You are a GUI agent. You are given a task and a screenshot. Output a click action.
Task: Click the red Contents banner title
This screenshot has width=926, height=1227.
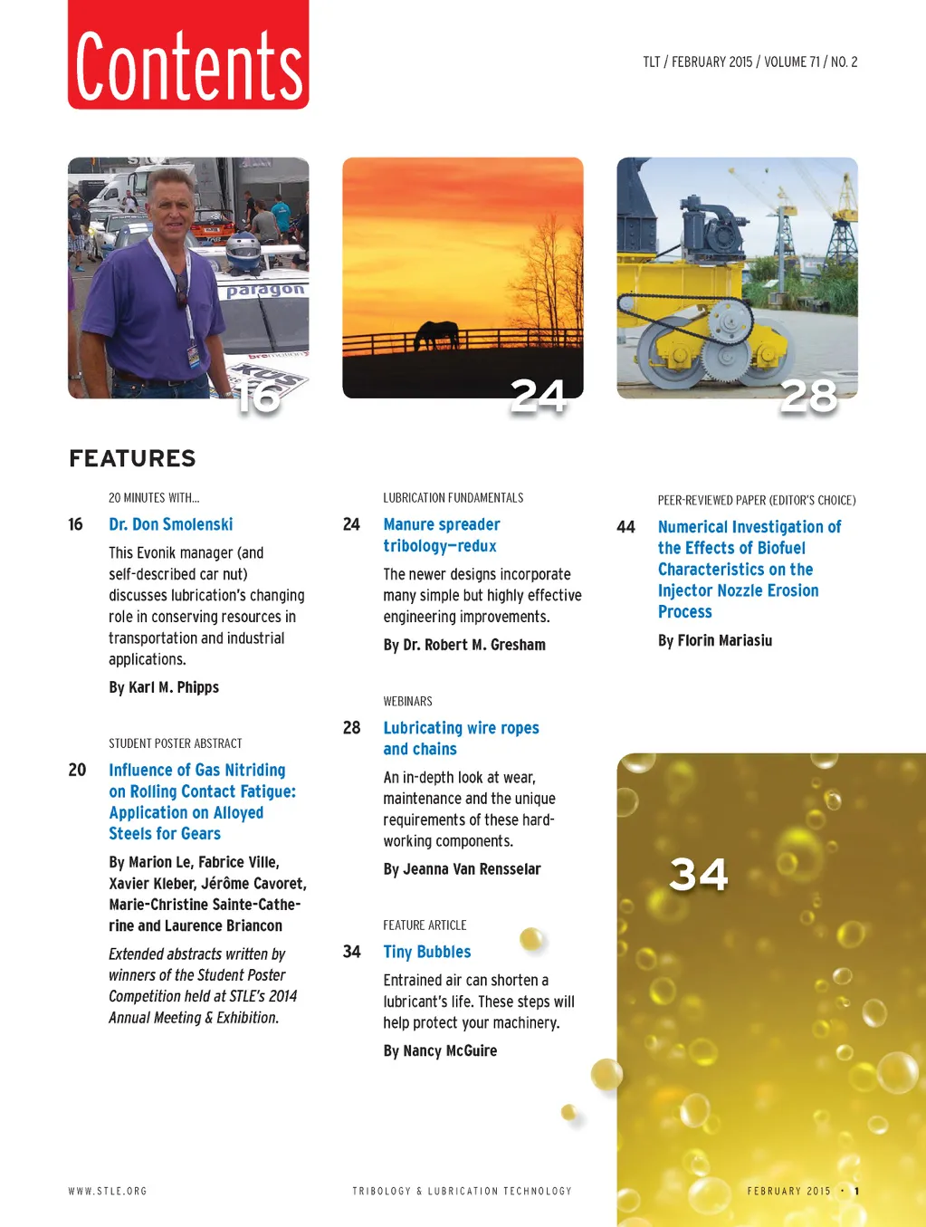(188, 64)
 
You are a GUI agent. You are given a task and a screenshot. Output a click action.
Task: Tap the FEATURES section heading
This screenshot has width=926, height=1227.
(132, 458)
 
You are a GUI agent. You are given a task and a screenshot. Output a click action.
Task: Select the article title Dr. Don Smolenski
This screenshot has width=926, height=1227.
(170, 524)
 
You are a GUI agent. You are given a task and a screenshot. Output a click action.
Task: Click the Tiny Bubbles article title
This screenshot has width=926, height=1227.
(426, 952)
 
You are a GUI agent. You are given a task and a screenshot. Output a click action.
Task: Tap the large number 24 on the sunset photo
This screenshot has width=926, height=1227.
(539, 397)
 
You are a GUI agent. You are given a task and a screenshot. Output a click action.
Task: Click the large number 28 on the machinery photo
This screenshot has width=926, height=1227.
(809, 397)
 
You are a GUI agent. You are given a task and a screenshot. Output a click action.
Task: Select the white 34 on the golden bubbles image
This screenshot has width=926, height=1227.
(698, 875)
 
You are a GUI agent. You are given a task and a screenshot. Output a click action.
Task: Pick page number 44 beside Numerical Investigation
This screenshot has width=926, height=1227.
(625, 527)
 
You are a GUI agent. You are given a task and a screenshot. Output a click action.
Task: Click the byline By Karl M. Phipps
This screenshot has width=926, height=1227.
(164, 687)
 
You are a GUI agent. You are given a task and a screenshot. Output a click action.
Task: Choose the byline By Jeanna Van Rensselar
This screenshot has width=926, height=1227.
(462, 869)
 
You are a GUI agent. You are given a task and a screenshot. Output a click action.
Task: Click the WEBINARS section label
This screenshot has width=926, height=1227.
(407, 702)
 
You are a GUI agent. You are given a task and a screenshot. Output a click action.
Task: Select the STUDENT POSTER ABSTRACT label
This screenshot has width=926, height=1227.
(176, 743)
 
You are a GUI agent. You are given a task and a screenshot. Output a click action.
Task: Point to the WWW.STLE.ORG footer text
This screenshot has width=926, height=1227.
(108, 1191)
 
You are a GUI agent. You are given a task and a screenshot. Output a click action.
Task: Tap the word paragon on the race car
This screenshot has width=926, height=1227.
(264, 291)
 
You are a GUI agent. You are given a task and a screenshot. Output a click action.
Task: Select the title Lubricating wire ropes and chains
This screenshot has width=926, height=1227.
(461, 738)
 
